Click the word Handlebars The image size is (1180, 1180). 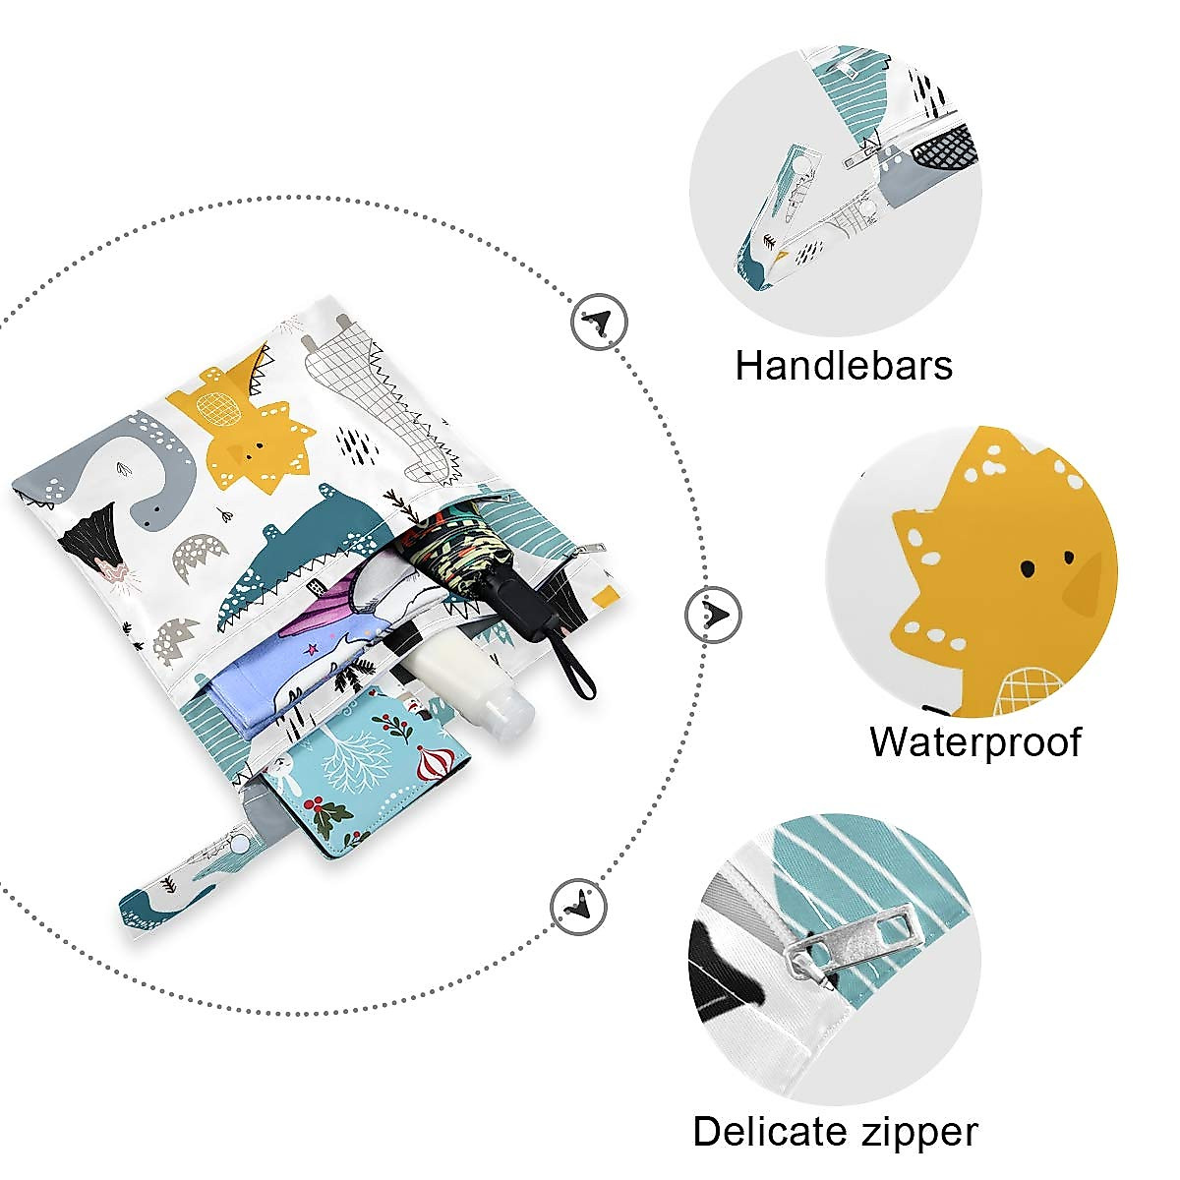click(844, 366)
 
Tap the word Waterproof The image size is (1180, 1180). click(974, 741)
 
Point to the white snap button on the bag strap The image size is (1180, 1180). click(239, 844)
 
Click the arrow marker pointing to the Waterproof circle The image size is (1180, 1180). click(713, 615)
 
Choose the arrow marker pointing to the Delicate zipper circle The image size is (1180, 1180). click(578, 904)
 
